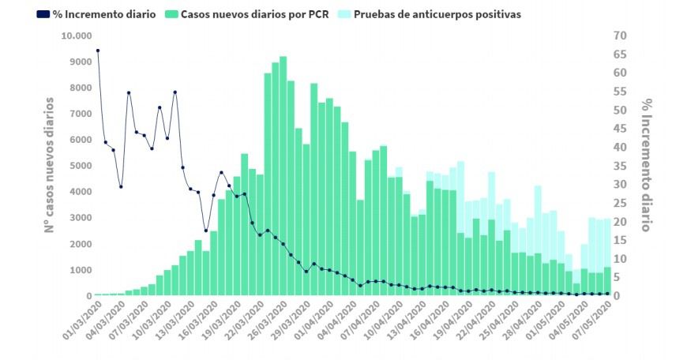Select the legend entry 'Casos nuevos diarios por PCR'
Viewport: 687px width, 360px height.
(x=254, y=14)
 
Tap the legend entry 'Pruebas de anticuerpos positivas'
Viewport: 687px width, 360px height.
(x=437, y=14)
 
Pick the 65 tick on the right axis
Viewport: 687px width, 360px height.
(x=620, y=54)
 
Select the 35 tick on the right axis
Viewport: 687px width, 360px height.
(x=620, y=166)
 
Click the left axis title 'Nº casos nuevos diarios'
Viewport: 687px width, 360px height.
(x=49, y=164)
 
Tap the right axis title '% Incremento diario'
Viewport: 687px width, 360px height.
(x=647, y=164)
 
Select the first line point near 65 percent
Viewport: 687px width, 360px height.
(x=98, y=51)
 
